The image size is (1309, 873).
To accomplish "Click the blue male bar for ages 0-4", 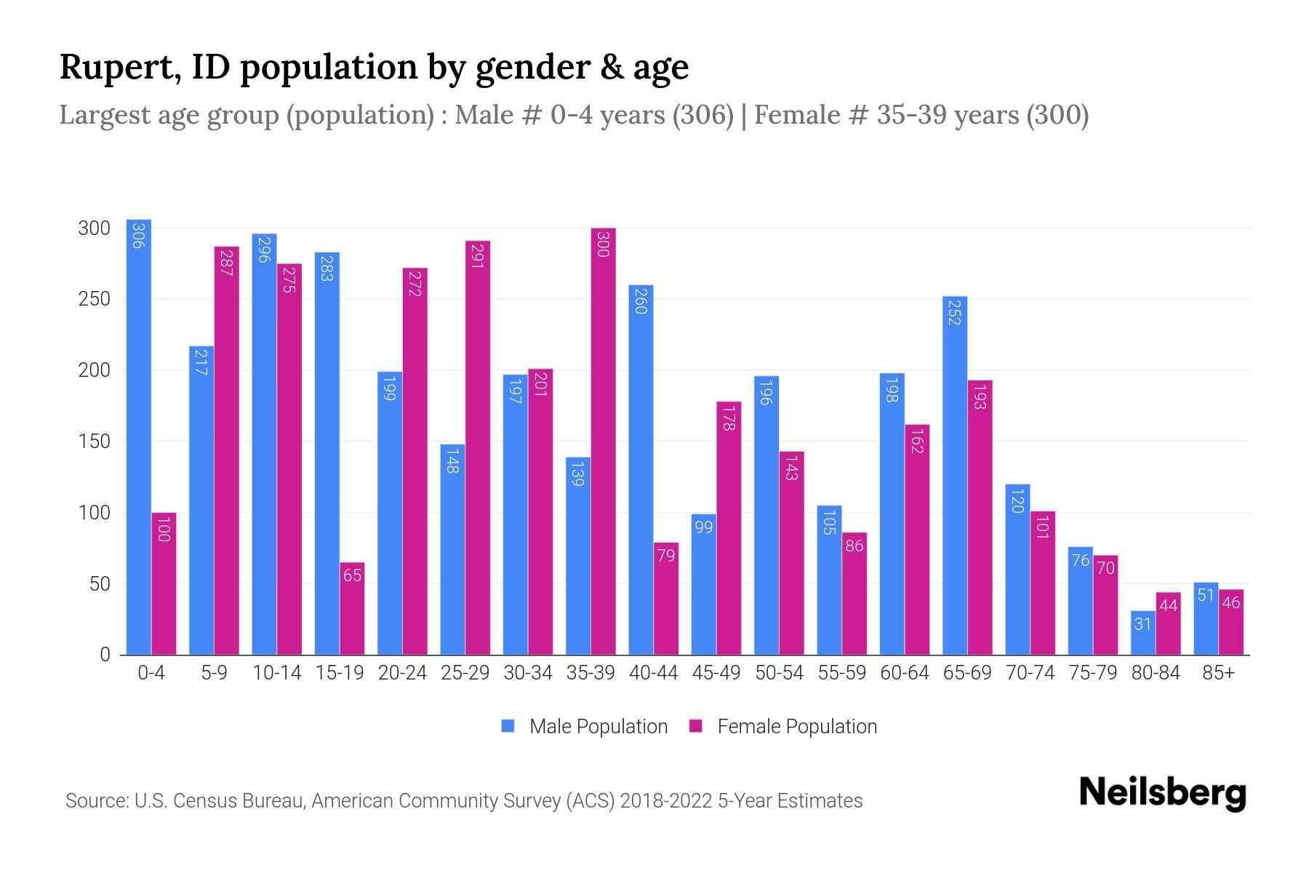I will tap(139, 436).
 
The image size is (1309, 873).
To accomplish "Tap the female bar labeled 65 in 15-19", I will tap(352, 609).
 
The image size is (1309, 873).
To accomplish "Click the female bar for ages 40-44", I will tap(665, 599).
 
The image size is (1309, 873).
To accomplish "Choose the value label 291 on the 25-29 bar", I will tap(477, 257).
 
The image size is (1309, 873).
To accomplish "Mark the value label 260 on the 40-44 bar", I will tap(641, 301).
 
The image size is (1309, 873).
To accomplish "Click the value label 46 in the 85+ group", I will tap(1230, 602).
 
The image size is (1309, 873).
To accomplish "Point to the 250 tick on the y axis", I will tap(94, 299).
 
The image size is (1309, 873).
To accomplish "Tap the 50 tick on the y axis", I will tap(100, 584).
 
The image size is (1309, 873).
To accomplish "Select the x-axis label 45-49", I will tap(716, 673).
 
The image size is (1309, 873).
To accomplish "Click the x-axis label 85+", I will tap(1218, 673).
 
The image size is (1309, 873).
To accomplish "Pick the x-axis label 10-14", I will tap(276, 673).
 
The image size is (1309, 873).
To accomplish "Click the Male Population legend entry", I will tap(585, 726).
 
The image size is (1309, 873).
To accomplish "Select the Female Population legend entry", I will tap(783, 726).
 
